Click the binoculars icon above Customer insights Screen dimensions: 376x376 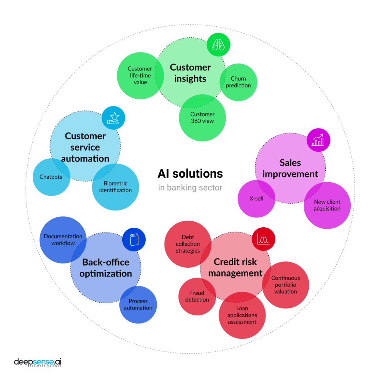tap(218, 45)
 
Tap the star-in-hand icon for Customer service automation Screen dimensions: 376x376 tap(113, 118)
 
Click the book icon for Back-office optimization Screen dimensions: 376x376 tap(134, 240)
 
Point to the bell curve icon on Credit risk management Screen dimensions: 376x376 tap(263, 239)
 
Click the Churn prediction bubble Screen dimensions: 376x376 tap(239, 82)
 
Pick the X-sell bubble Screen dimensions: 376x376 tap(256, 199)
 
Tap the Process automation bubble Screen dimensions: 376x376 tap(138, 305)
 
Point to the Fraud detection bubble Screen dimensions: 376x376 tap(197, 297)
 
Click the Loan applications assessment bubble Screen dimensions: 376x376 tap(242, 315)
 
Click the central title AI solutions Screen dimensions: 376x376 tap(190, 173)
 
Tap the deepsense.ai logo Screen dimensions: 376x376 tap(38, 362)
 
